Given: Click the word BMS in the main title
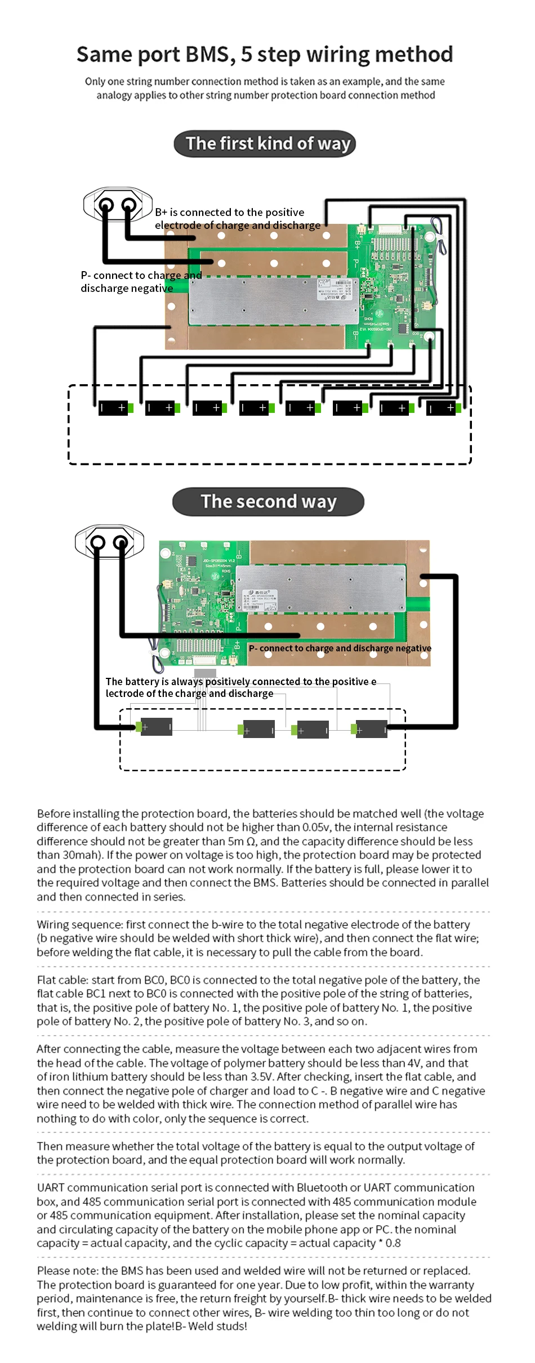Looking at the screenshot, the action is click(x=207, y=55).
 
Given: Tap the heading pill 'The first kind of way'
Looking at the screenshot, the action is click(x=265, y=143).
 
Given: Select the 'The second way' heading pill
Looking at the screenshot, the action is click(x=268, y=501).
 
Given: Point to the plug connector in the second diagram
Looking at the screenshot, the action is click(x=109, y=542).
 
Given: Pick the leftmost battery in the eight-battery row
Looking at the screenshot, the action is click(x=115, y=408).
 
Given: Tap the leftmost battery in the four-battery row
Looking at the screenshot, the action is click(x=154, y=727).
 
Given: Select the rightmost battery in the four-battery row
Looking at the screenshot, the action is click(x=369, y=729).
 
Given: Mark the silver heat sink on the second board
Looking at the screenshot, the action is click(x=320, y=588).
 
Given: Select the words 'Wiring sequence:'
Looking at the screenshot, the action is click(x=79, y=924).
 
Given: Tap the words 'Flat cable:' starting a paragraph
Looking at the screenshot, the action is click(x=62, y=980).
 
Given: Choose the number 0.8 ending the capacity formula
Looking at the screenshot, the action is click(x=393, y=1243).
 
